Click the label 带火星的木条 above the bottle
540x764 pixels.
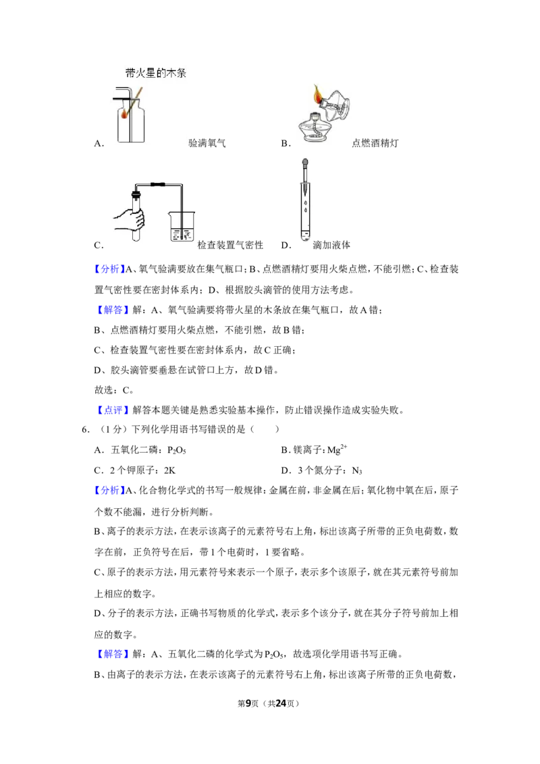click(x=155, y=73)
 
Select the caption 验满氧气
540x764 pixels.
click(x=207, y=143)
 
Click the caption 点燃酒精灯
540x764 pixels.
click(x=375, y=143)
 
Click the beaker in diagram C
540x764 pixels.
click(x=182, y=226)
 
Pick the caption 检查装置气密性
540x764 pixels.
click(x=230, y=245)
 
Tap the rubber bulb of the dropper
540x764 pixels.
click(x=305, y=162)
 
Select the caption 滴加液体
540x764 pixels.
click(x=331, y=245)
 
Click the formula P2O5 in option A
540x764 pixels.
click(x=177, y=451)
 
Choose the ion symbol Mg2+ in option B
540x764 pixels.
click(x=337, y=449)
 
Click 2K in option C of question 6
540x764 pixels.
click(x=169, y=470)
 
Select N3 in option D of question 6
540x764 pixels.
click(x=357, y=470)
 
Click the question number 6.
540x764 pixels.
click(x=86, y=429)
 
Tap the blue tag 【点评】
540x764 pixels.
click(x=111, y=410)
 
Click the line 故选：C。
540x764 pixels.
click(x=114, y=390)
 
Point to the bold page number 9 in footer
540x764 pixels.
click(x=248, y=703)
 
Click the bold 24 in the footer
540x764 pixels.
click(x=281, y=703)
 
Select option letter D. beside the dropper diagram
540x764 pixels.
click(x=286, y=245)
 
